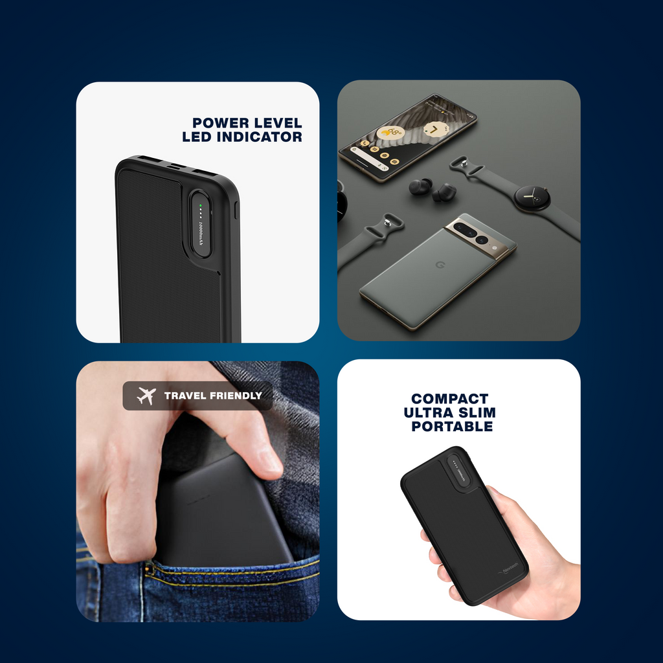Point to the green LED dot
(201, 205)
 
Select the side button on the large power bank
(236, 210)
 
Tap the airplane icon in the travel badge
(147, 396)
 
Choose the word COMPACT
(449, 399)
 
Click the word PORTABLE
(452, 427)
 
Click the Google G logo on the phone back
(421, 266)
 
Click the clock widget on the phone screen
(435, 129)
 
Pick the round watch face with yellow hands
(532, 197)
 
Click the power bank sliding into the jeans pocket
(220, 511)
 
